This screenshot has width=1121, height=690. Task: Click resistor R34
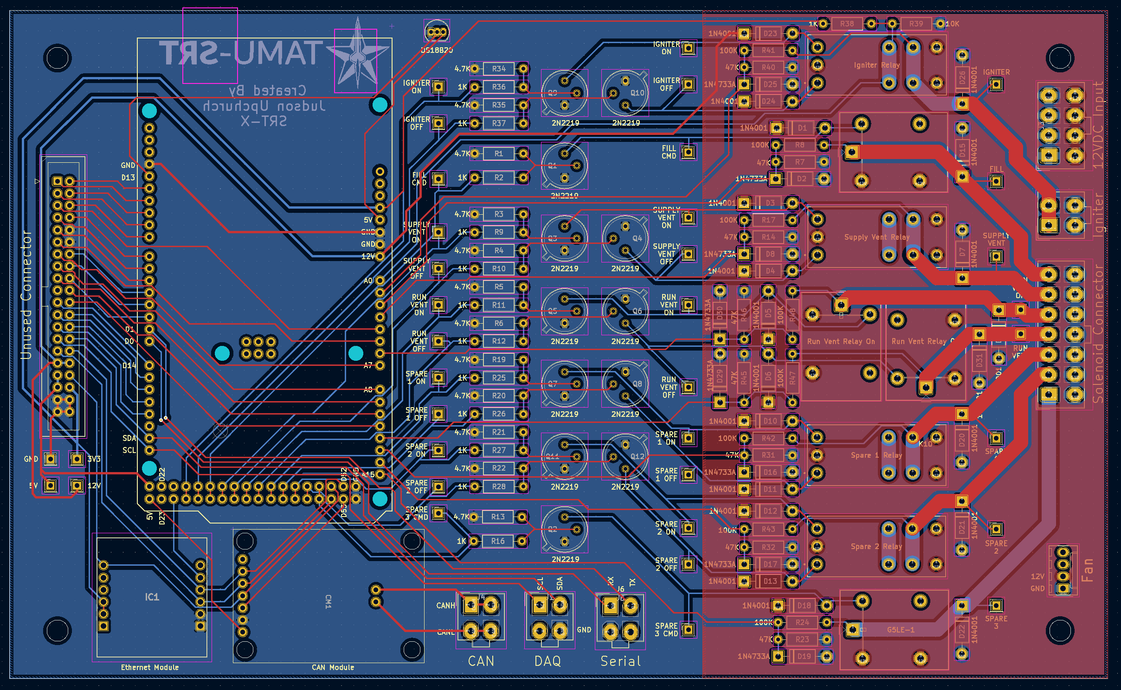(499, 69)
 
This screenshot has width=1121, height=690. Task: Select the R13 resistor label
(498, 517)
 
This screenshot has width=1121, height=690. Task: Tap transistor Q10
(625, 93)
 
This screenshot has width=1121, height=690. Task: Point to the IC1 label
(152, 597)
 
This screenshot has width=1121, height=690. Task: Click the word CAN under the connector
(481, 661)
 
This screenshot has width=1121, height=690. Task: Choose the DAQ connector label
(548, 661)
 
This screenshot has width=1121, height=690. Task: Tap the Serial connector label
(621, 661)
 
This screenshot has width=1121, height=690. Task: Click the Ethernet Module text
(150, 667)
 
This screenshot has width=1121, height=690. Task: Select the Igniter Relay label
(876, 65)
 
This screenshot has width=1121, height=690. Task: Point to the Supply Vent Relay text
(876, 237)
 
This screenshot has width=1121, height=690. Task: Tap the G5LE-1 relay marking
(901, 630)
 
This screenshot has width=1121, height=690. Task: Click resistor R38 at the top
(847, 24)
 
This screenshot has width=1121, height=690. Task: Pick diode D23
(770, 33)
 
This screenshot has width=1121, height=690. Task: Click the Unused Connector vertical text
(26, 295)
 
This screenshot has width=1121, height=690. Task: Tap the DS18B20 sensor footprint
(437, 32)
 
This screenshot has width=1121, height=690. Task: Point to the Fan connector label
(1087, 570)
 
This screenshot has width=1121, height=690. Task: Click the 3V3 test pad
(77, 459)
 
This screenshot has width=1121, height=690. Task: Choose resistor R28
(499, 486)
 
